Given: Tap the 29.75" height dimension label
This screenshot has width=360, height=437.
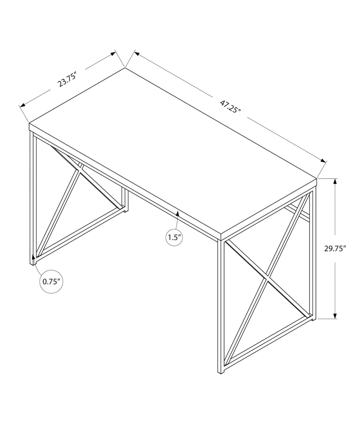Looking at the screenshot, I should point(335,248).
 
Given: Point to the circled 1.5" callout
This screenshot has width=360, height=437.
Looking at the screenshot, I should point(174,238).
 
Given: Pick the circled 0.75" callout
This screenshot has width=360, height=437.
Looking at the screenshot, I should point(51,281).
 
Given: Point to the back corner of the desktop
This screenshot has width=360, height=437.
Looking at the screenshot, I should point(125,68).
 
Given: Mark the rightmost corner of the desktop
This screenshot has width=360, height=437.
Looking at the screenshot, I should point(317,178).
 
